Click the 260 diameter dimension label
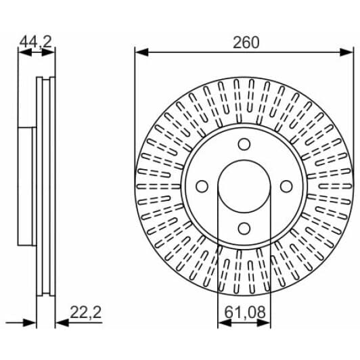point(246,43)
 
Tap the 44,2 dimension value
point(36,42)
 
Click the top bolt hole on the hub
point(244,144)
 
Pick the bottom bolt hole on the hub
point(244,229)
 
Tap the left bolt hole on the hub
point(202,186)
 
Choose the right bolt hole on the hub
point(286,186)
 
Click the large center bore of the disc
point(244,186)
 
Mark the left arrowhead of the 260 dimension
point(141,52)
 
